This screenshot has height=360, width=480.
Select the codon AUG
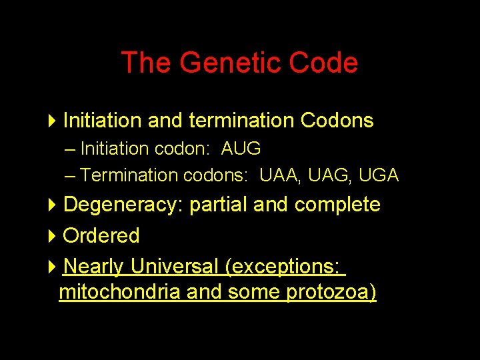point(241,149)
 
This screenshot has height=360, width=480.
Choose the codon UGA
point(378,175)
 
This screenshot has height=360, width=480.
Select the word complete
point(337,205)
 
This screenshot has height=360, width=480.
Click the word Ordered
point(101,235)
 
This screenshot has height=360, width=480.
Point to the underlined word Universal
point(174,267)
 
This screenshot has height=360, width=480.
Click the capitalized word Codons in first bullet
point(337,121)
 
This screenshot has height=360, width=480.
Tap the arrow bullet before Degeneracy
point(53,205)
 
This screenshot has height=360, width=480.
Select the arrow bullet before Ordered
point(53,235)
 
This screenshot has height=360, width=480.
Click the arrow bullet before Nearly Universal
point(53,267)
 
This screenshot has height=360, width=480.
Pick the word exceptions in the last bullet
point(285,267)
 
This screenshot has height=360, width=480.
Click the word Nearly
point(93,267)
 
